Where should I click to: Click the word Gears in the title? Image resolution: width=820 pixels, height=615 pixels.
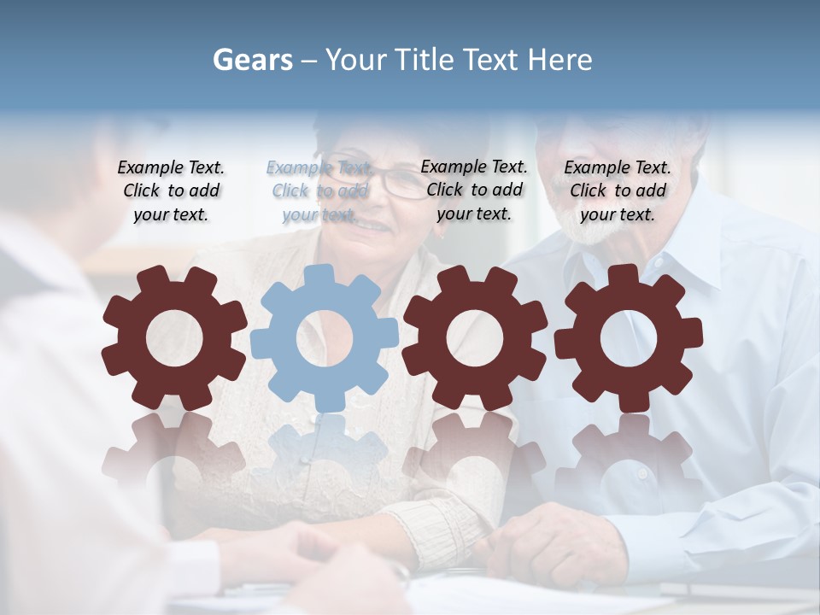click(253, 60)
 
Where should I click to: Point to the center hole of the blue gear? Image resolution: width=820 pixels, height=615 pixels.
click(325, 338)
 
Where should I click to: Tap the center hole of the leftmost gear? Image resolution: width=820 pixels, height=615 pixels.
click(174, 338)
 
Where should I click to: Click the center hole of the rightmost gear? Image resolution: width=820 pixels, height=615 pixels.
click(629, 338)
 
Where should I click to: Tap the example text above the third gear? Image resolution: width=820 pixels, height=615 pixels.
click(474, 190)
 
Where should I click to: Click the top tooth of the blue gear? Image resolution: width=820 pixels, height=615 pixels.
click(319, 276)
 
